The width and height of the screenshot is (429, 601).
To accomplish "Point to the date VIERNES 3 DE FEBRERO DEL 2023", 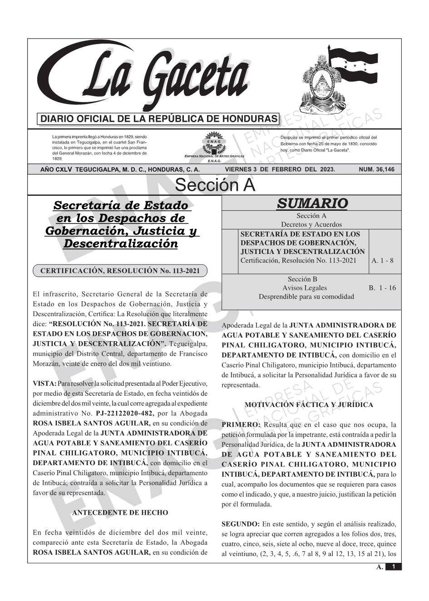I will (280, 169).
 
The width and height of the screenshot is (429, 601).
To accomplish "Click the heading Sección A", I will (215, 185).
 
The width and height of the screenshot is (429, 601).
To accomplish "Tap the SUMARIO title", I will (312, 204).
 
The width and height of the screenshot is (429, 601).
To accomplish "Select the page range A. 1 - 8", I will (382, 261).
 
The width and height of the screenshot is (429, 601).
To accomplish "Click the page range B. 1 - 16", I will (382, 288).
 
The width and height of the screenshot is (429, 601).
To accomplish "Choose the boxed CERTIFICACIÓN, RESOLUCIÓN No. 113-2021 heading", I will (120, 271).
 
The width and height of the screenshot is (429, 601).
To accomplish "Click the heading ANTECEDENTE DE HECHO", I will (120, 513).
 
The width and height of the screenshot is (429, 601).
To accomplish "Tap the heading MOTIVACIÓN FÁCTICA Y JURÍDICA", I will (309, 405).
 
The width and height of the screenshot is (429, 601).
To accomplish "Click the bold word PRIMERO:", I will (241, 425).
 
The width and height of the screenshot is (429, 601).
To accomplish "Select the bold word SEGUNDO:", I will (240, 524).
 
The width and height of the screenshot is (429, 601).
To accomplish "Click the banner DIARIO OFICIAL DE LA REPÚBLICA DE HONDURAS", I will (158, 119).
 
